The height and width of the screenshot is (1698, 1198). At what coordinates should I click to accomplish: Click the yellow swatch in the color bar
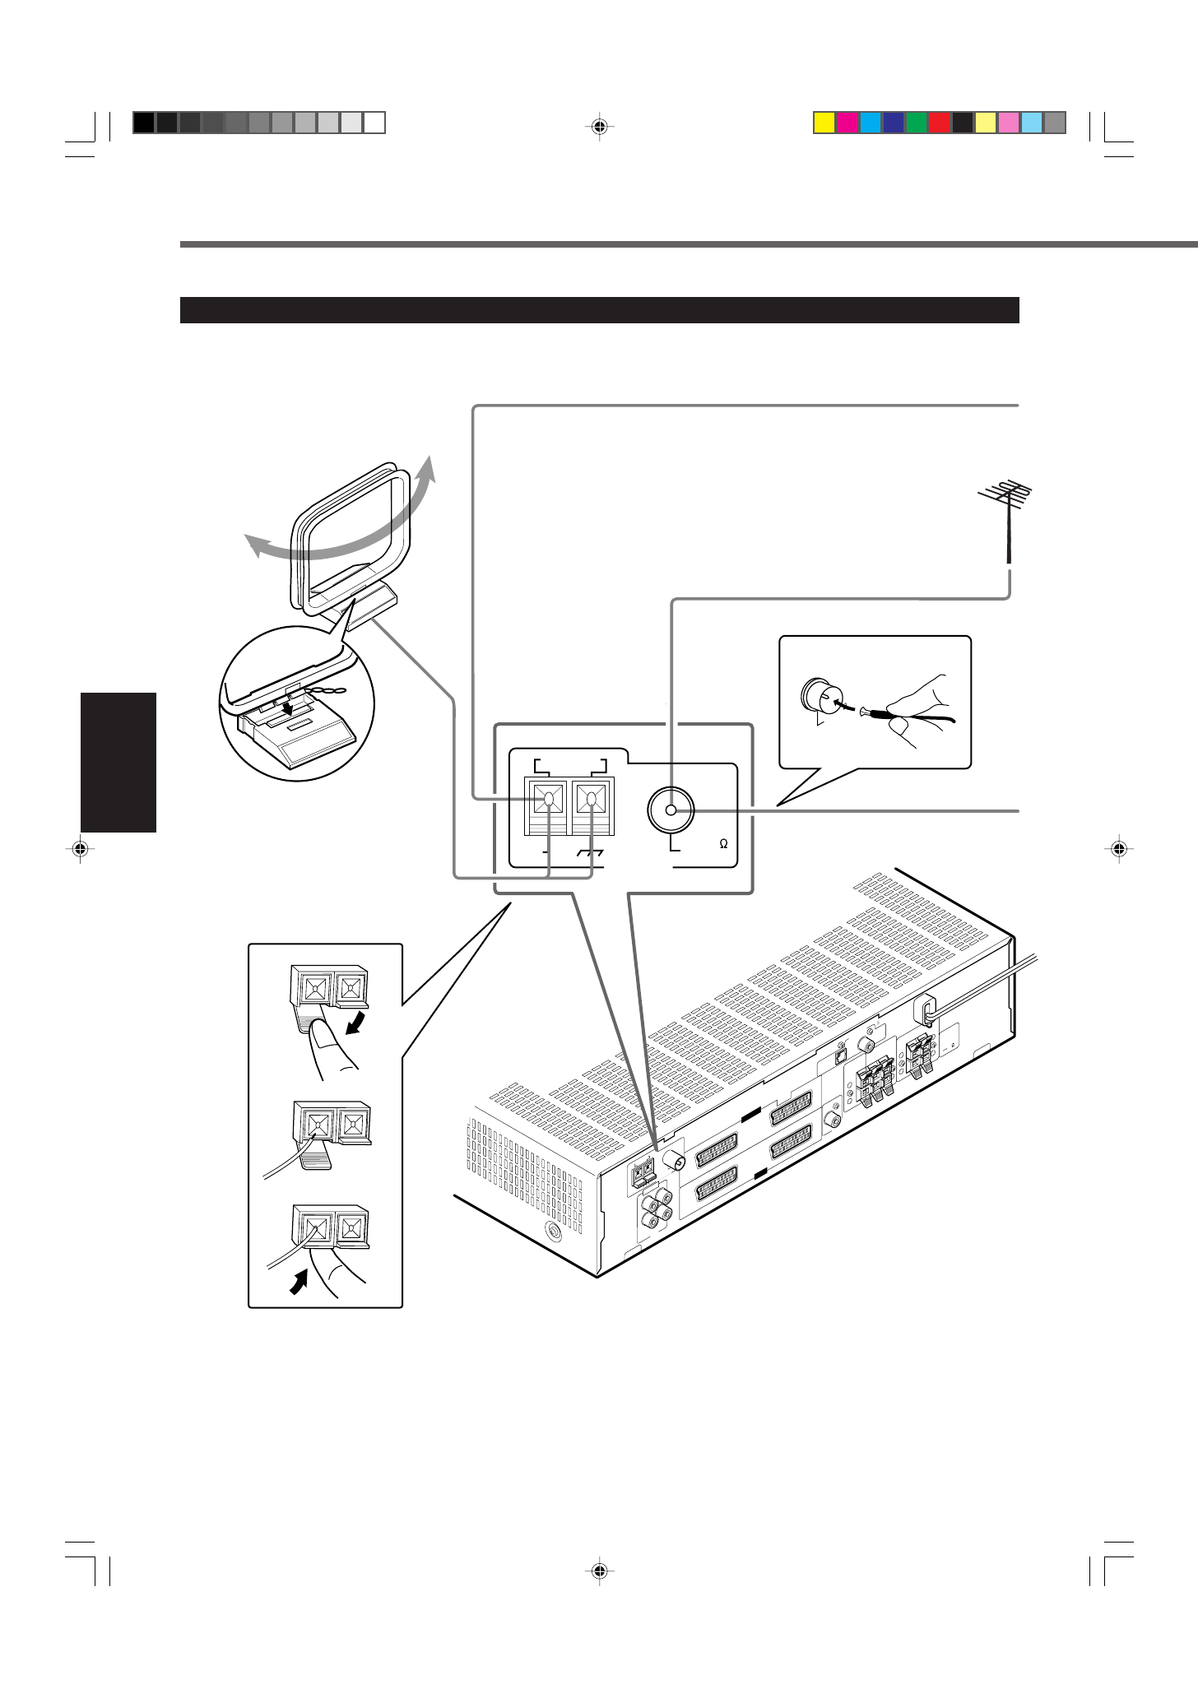[824, 123]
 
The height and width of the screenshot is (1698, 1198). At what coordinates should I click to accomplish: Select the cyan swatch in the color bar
[870, 123]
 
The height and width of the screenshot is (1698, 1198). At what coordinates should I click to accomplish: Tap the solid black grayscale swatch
[143, 123]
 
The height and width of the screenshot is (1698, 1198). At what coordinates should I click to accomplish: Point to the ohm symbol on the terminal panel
[723, 844]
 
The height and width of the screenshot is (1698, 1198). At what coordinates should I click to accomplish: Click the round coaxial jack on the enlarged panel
[671, 810]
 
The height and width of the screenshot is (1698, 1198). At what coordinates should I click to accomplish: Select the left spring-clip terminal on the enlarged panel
[546, 798]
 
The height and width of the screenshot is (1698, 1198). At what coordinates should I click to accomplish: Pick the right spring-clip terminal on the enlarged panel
[589, 798]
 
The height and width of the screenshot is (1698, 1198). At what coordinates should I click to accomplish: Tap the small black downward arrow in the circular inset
[286, 704]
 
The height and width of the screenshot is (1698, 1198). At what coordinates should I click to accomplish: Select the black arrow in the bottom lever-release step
[299, 1281]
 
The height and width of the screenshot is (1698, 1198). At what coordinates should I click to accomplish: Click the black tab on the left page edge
[118, 762]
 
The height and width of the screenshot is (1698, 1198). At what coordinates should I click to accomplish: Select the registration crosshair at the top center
[599, 127]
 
